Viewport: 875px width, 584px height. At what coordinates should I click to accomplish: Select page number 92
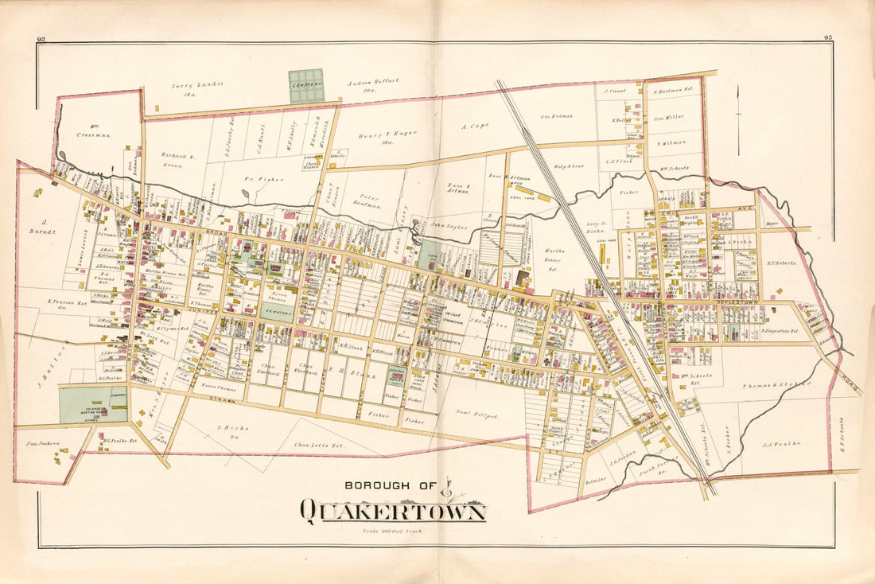pos(41,38)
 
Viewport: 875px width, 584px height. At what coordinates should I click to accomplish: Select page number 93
pos(828,38)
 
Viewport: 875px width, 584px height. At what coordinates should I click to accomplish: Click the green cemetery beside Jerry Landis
pos(306,86)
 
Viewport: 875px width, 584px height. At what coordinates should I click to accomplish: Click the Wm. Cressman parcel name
pos(99,131)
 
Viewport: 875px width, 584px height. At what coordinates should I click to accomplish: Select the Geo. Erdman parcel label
pos(557,116)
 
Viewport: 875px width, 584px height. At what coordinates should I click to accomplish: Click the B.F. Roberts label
pos(781,263)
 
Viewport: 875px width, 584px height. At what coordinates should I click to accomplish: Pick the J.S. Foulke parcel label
pos(781,444)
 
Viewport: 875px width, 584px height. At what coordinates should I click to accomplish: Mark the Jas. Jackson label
pos(42,442)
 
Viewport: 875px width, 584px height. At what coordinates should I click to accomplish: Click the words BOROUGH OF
pos(391,485)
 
